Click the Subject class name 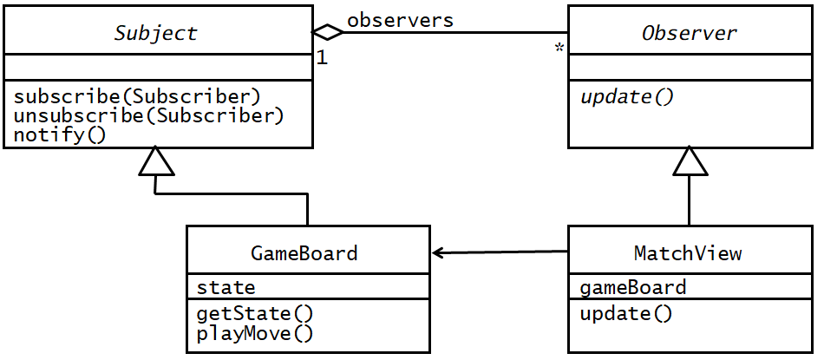(156, 34)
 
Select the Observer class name (689, 34)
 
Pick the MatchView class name (688, 253)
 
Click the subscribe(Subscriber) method (138, 95)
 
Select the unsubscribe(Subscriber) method (149, 115)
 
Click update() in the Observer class (626, 96)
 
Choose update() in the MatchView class (625, 313)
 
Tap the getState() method (255, 313)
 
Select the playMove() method (255, 332)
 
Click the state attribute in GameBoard (226, 287)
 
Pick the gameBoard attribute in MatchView (632, 287)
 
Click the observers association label (400, 20)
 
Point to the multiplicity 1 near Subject (322, 59)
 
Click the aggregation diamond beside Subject (327, 33)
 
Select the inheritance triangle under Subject (156, 161)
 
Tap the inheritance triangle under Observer (690, 161)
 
